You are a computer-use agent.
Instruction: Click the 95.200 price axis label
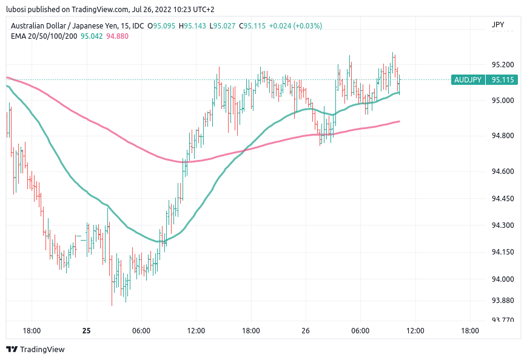tap(503, 65)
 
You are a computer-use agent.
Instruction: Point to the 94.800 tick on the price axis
tap(503, 136)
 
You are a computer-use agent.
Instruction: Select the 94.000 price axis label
tap(503, 279)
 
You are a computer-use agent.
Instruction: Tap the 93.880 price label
tap(503, 301)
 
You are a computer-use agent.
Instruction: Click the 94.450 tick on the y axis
tap(503, 199)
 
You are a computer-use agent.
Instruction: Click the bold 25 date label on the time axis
tap(87, 331)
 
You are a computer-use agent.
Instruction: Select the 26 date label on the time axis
tap(306, 331)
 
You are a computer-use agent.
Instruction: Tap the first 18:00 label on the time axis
tap(32, 331)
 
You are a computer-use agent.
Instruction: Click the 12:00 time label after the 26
tap(415, 331)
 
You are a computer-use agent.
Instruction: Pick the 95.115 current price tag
tap(503, 80)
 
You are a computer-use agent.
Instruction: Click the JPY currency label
tap(498, 25)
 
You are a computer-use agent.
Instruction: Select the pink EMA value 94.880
tap(117, 36)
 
